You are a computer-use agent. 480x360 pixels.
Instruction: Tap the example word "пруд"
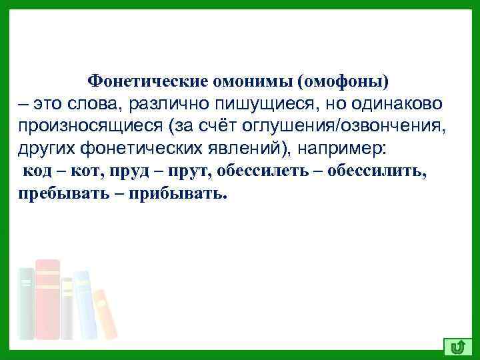pos(124,171)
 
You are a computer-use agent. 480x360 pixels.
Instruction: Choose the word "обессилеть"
pos(254,171)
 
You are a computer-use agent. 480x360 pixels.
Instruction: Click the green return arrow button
pos(457,346)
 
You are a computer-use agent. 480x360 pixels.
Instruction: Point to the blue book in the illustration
pos(84,303)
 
